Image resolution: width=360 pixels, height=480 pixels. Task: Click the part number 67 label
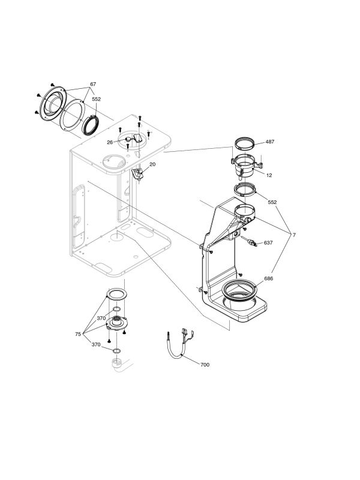point(93,83)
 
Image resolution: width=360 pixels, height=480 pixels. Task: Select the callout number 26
point(110,142)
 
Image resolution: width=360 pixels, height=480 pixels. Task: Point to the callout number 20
point(152,164)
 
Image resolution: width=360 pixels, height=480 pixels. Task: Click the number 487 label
point(270,142)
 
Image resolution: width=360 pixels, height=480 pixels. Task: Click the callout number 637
point(268,243)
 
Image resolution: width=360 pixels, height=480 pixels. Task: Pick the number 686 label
point(268,279)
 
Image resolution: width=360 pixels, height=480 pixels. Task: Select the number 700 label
point(205,364)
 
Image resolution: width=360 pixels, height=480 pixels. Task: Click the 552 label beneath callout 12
point(272,202)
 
